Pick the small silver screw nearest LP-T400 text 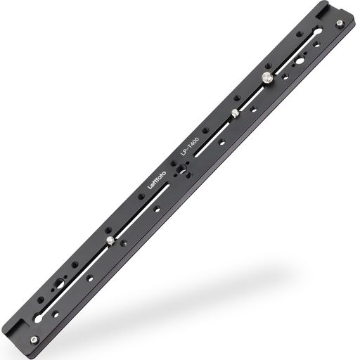(234, 112)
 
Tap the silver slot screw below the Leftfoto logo (112, 241)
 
